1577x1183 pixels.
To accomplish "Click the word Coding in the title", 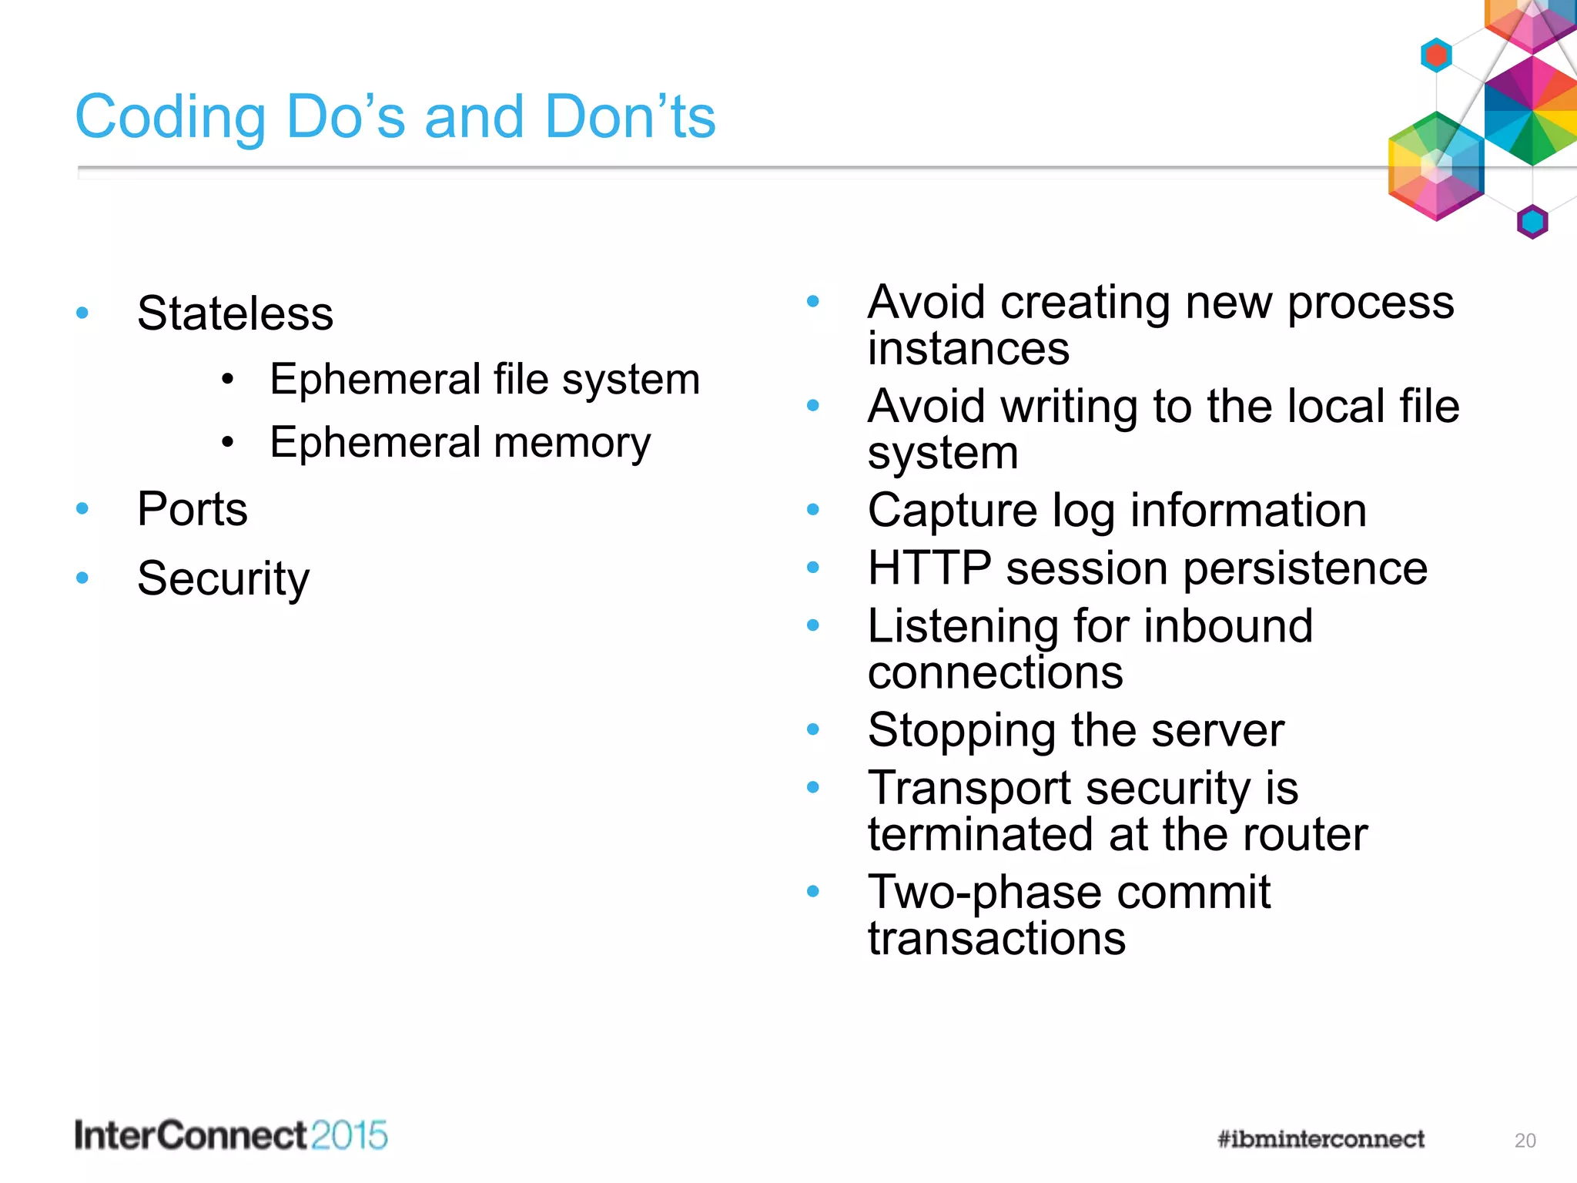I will point(170,117).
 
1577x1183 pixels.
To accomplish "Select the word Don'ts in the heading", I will point(630,117).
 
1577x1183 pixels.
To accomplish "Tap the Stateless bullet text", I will point(235,313).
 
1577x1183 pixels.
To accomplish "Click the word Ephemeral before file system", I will point(375,379).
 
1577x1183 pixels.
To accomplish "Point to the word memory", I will point(571,443).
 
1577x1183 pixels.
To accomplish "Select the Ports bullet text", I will point(193,509).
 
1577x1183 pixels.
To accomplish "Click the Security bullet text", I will point(223,578).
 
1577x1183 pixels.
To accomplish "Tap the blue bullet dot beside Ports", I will point(82,508).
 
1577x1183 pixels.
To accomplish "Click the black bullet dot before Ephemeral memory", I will point(226,442).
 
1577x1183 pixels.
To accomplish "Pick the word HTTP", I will point(929,568).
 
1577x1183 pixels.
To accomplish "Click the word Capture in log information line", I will point(952,510).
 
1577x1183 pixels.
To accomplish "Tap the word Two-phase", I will point(985,892).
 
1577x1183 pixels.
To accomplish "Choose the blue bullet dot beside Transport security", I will point(813,787).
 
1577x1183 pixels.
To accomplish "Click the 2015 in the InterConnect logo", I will point(350,1136).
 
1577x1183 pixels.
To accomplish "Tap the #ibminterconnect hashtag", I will point(1321,1139).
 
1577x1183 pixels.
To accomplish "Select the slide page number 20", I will point(1525,1141).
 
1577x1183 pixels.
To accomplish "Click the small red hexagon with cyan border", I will point(1436,55).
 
